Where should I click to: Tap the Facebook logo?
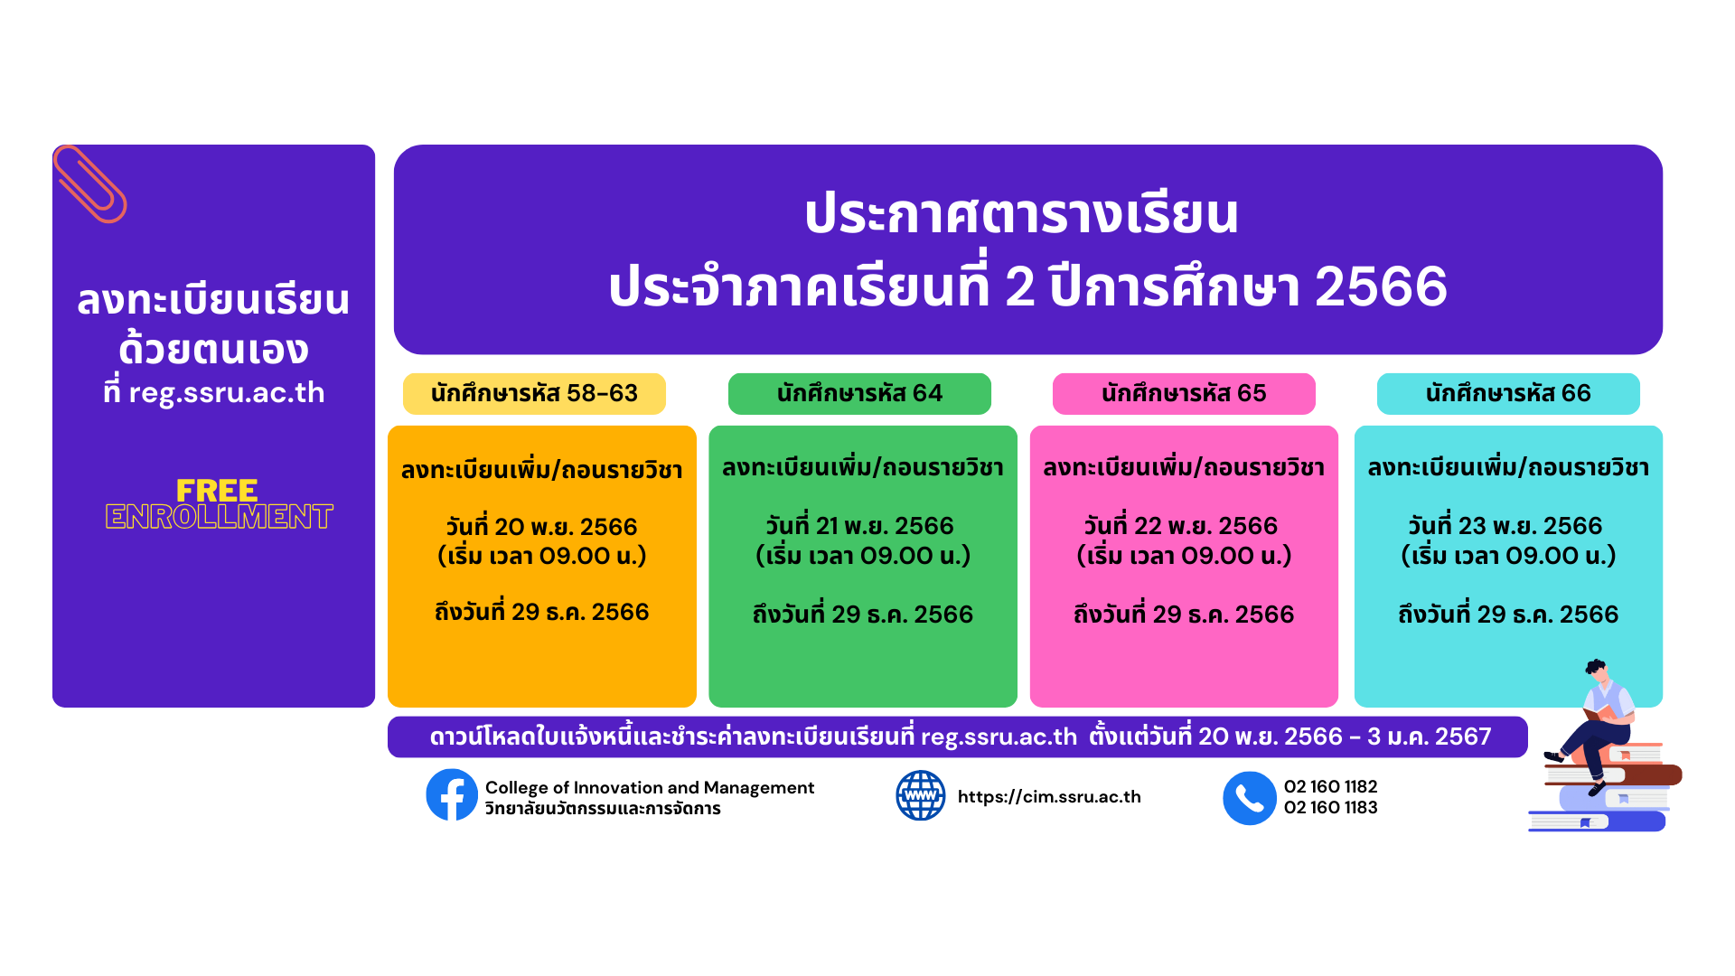[452, 795]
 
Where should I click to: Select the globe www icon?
[920, 795]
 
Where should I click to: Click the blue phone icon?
[1249, 798]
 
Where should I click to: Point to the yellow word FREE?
[217, 491]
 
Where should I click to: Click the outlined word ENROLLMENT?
[220, 517]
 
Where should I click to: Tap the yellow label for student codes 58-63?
[534, 394]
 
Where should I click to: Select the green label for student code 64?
[859, 394]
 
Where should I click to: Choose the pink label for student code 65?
[1184, 394]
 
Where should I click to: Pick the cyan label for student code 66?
[1508, 394]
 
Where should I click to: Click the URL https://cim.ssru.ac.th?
[1049, 797]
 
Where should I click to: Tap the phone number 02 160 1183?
[1331, 808]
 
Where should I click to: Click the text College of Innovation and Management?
[650, 788]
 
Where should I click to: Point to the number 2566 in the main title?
[1381, 286]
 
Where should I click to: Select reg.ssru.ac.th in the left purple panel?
[227, 394]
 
